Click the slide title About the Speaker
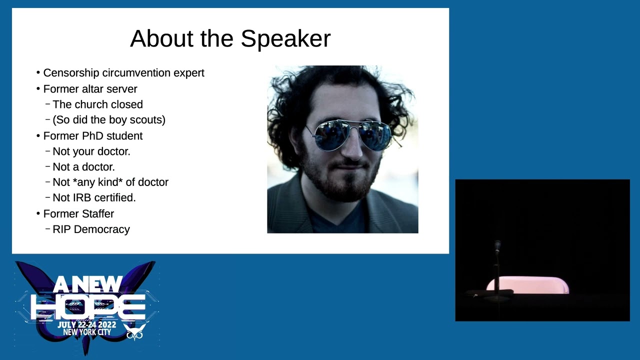click(230, 39)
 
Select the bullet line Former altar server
click(90, 89)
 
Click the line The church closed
click(97, 104)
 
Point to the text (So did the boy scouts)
click(108, 120)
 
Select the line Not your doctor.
click(91, 151)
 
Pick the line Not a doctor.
click(83, 167)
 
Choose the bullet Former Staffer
click(78, 214)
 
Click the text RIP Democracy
click(91, 229)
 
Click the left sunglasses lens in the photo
click(331, 135)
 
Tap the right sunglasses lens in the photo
click(374, 134)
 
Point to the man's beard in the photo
click(340, 182)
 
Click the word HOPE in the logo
click(88, 306)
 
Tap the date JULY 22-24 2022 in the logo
click(87, 324)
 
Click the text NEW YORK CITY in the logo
click(87, 332)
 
